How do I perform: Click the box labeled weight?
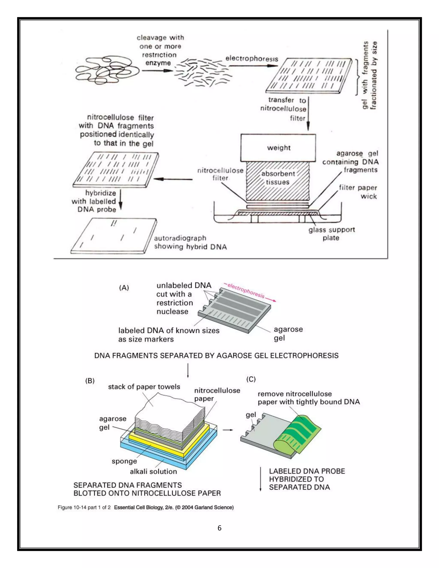[x=278, y=148]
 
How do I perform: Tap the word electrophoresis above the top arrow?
[x=251, y=59]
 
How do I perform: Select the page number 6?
[x=219, y=528]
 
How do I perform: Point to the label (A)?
[x=124, y=288]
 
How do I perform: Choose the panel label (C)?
[x=251, y=379]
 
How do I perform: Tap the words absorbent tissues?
[x=278, y=178]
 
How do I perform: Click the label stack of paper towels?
[x=144, y=387]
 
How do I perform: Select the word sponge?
[x=124, y=461]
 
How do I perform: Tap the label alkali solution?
[x=153, y=472]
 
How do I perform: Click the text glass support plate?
[x=331, y=234]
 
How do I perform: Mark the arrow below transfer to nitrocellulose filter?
[x=308, y=114]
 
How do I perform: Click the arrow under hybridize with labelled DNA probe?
[x=121, y=200]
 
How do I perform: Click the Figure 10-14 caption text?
[x=145, y=507]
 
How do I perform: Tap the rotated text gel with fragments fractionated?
[x=369, y=75]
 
